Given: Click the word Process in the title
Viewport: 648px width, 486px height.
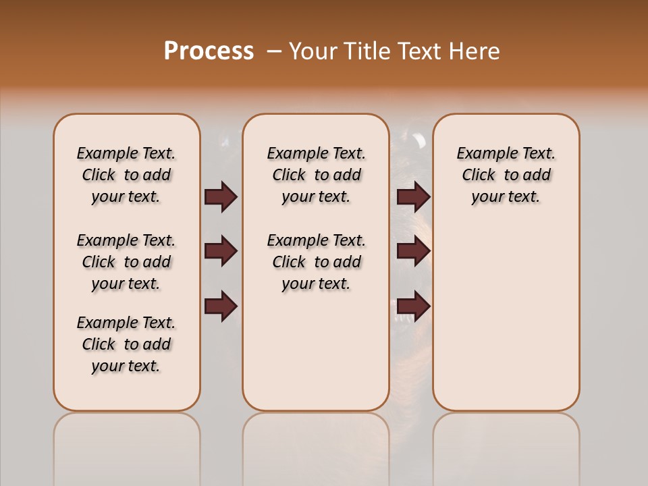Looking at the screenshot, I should [209, 51].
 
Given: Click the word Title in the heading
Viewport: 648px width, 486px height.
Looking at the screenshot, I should [366, 51].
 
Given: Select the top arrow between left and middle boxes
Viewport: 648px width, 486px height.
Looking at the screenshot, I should [221, 197].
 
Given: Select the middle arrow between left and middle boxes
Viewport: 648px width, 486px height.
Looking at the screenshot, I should [221, 252].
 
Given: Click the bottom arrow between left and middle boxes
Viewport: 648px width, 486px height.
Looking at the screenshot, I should [221, 306].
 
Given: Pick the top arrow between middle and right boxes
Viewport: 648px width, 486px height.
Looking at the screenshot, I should [413, 197].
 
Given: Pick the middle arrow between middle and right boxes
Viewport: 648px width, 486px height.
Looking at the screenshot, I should [413, 252].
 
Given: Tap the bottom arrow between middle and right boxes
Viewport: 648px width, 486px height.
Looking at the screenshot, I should [413, 306].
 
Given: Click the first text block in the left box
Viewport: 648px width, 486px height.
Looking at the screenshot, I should [126, 175].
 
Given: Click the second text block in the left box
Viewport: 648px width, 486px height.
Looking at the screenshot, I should [126, 262].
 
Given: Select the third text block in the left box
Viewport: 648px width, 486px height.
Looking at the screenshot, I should [126, 344].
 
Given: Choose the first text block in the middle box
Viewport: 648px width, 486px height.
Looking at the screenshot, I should [316, 175].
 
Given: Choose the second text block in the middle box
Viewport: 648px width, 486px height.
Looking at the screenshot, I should [316, 262].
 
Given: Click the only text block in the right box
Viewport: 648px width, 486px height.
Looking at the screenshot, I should [506, 175].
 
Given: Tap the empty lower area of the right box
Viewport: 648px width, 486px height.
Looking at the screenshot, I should [506, 324].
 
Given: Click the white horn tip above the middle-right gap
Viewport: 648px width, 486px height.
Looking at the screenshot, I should [419, 140].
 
